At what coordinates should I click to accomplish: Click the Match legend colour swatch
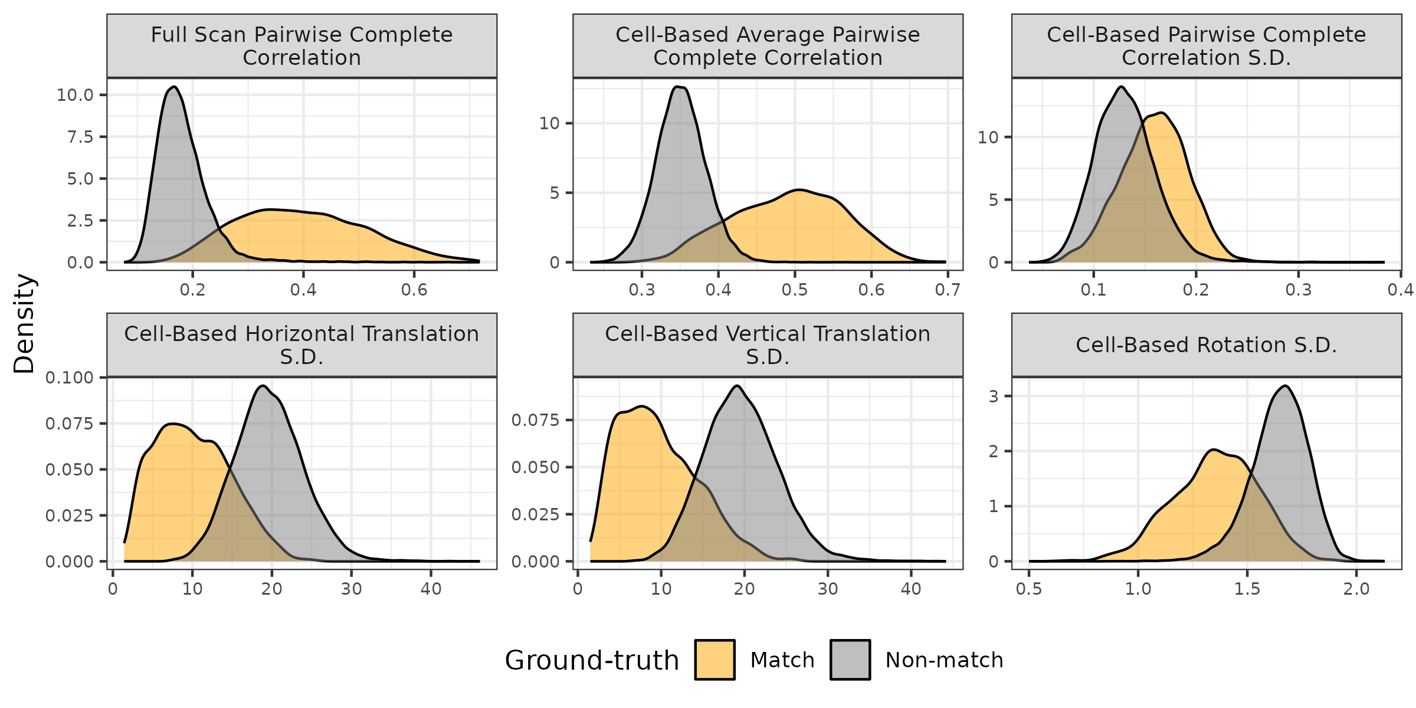pos(714,660)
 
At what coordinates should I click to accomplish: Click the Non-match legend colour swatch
pos(850,660)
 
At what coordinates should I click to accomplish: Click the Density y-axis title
pos(25,323)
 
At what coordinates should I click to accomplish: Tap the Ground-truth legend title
pos(592,660)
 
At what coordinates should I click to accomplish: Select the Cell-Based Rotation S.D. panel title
pos(1206,345)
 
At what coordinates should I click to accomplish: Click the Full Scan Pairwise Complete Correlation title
pos(301,46)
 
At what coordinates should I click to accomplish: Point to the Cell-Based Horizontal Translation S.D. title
pos(301,345)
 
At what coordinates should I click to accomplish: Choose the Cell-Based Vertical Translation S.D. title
pos(768,345)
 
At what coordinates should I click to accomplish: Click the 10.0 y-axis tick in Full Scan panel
pos(76,95)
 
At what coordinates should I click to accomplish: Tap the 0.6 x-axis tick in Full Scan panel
pos(414,290)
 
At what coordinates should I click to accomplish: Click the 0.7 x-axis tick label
pos(948,290)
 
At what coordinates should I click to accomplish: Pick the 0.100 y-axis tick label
pos(70,378)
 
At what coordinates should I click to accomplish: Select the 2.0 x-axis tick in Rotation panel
pos(1356,589)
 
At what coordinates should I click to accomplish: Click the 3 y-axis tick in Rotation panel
pos(994,396)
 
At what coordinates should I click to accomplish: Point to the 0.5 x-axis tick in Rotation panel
pos(1029,589)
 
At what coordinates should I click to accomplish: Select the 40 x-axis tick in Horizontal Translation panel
pos(431,589)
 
